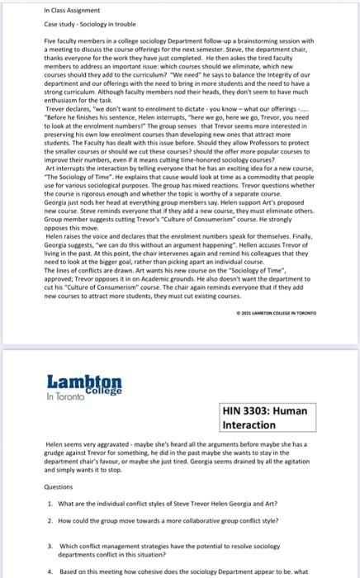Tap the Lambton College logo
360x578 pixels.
(x=83, y=386)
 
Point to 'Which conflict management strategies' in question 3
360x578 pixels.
(x=107, y=546)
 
